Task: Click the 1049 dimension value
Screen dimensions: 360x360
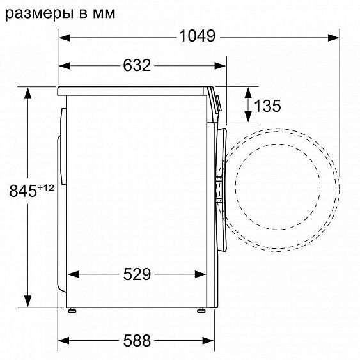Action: click(x=197, y=36)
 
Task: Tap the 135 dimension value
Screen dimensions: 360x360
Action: click(x=267, y=106)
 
